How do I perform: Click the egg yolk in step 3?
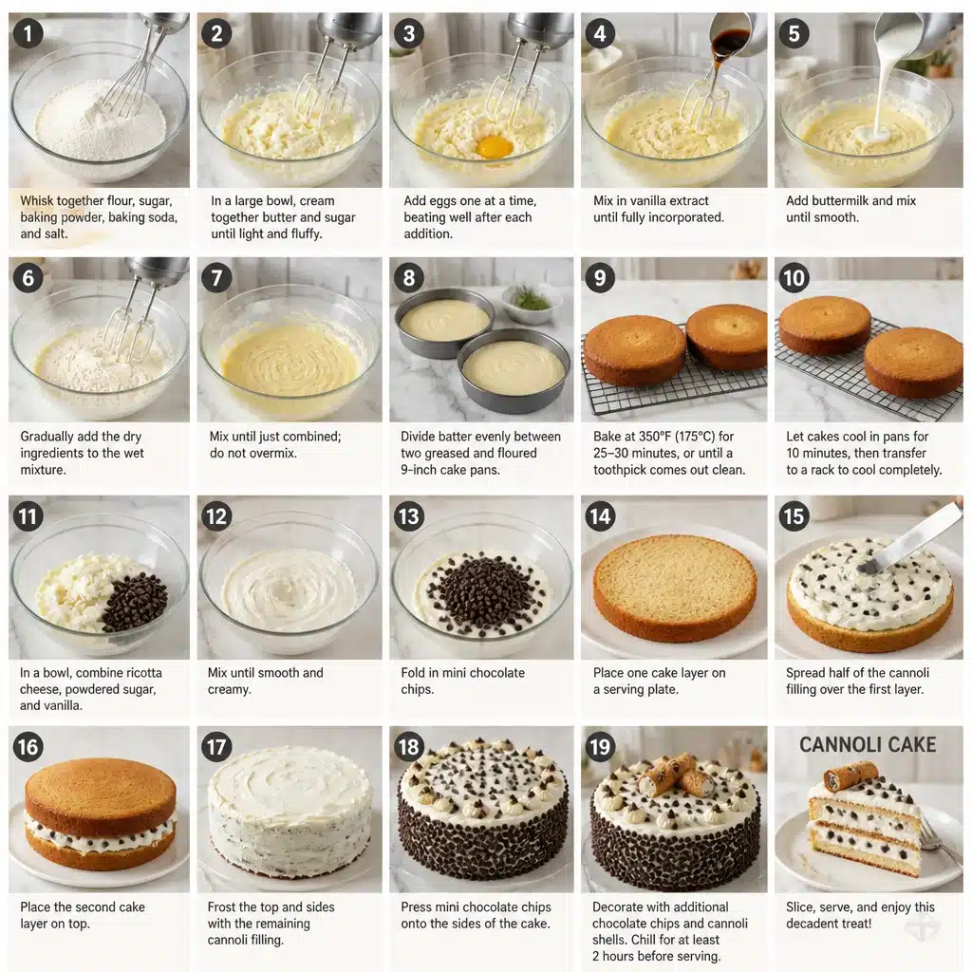[495, 147]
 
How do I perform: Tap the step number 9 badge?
[600, 277]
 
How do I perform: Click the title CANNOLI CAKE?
[868, 744]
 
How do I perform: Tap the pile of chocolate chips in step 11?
[134, 601]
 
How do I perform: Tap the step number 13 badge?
[408, 516]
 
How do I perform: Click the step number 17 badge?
[216, 747]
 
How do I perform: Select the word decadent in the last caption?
[813, 924]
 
